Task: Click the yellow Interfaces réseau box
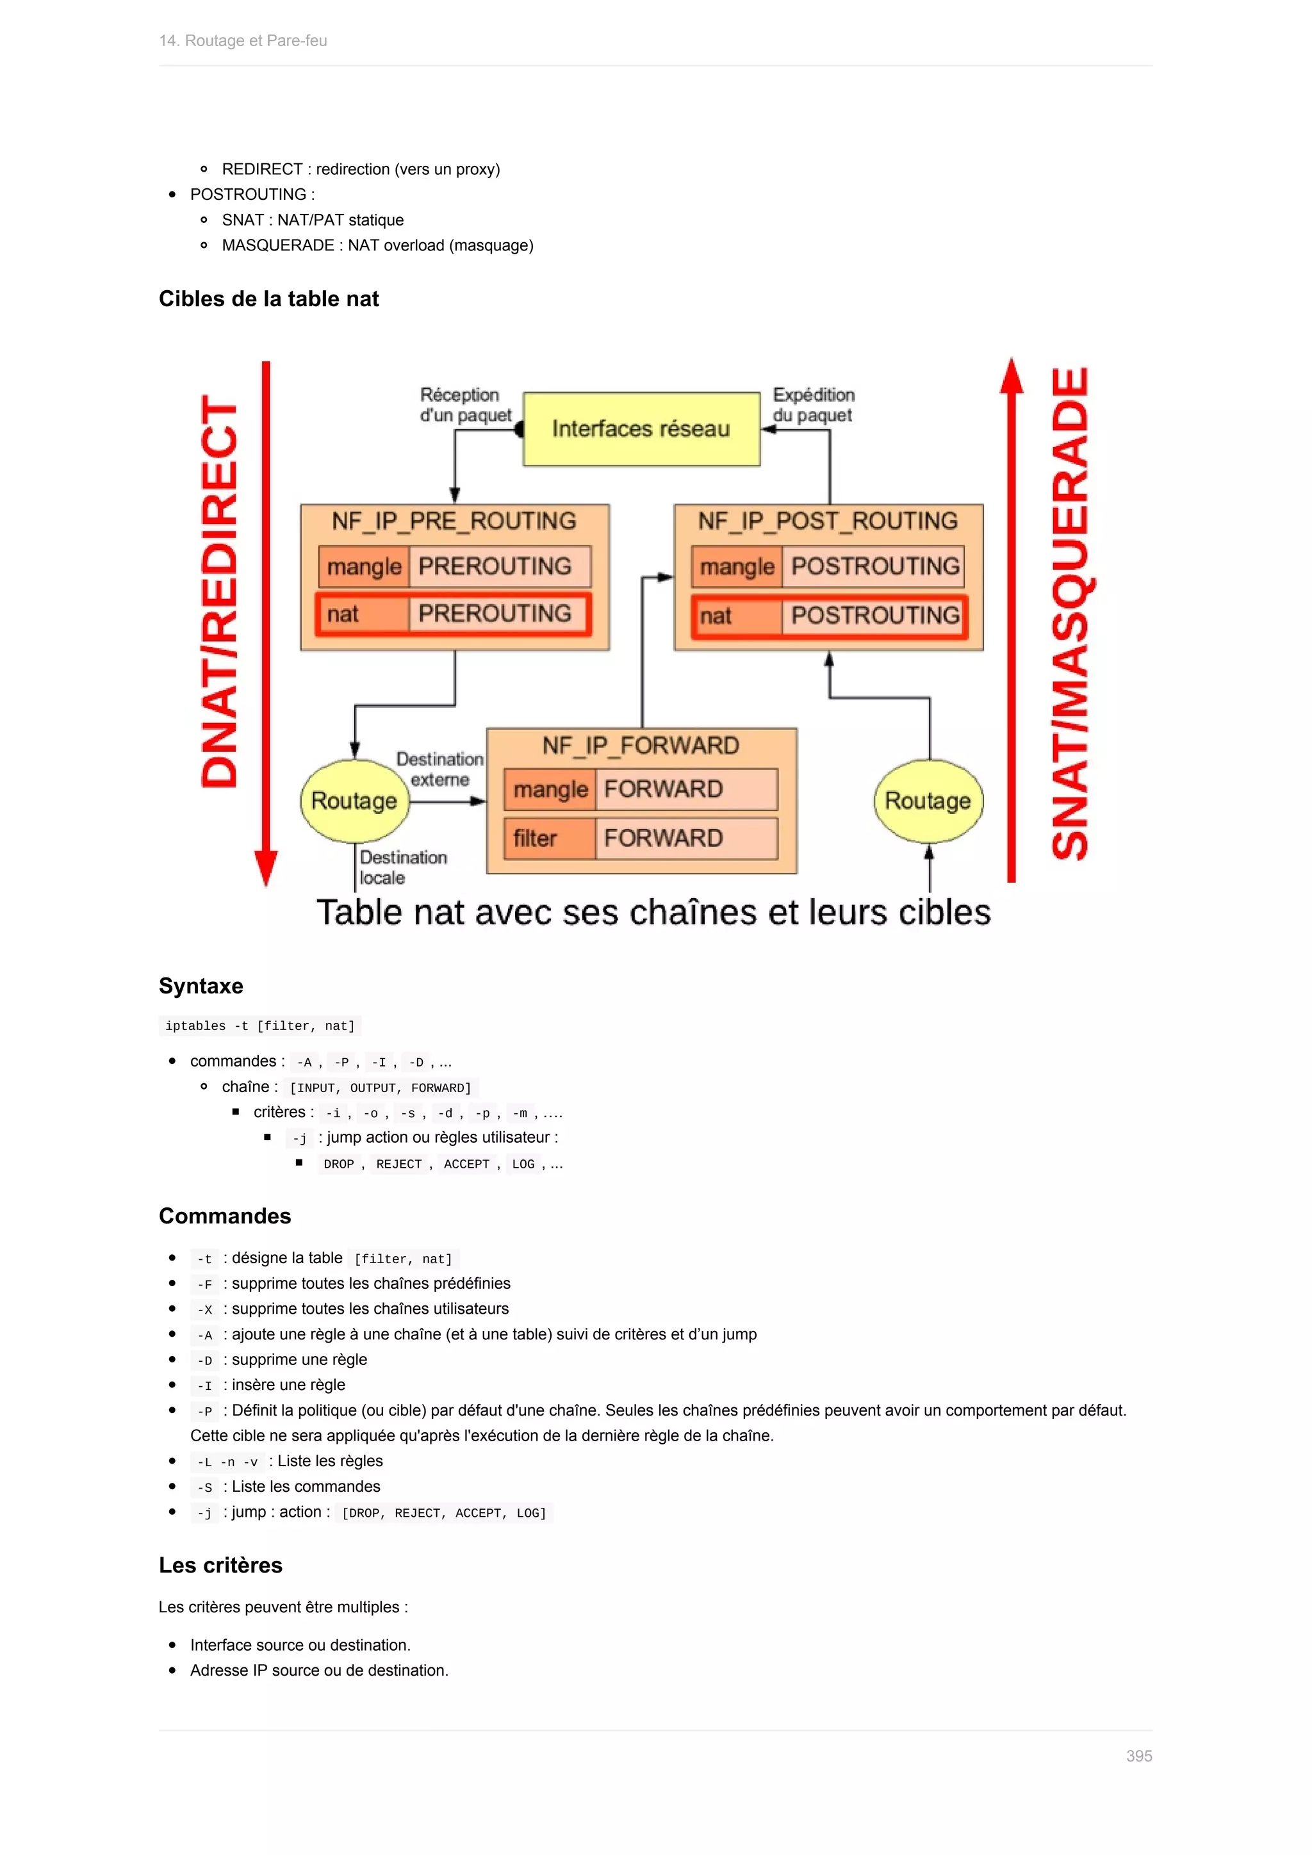point(641,429)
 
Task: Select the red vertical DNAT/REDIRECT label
point(220,591)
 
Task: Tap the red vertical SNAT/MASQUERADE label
point(1070,614)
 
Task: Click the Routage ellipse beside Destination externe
point(355,801)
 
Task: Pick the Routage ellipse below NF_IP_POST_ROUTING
point(928,801)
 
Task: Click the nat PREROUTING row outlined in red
point(453,614)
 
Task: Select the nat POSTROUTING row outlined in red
point(830,616)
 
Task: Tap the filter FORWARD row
point(641,838)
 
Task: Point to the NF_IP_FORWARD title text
point(641,745)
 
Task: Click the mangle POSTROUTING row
point(830,566)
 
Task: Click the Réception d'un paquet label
point(464,405)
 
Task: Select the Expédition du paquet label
point(814,405)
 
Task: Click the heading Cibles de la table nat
point(269,299)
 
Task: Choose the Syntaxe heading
point(201,986)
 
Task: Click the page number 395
point(1138,1756)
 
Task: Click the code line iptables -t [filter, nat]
point(260,1026)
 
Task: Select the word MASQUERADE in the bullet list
point(278,245)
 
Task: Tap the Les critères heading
point(220,1565)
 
